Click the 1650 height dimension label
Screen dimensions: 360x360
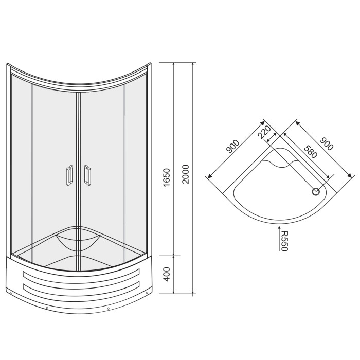pyautogui.click(x=167, y=177)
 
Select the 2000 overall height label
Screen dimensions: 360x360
pyautogui.click(x=185, y=174)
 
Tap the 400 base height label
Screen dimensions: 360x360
pyautogui.click(x=167, y=274)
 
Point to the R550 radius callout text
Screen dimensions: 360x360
pyautogui.click(x=284, y=241)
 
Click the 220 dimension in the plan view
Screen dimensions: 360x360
pyautogui.click(x=264, y=133)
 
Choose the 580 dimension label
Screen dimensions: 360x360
pyautogui.click(x=311, y=152)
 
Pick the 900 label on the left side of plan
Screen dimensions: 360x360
pyautogui.click(x=233, y=146)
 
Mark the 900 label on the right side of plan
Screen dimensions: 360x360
pyautogui.click(x=327, y=143)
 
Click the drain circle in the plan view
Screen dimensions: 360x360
pyautogui.click(x=316, y=191)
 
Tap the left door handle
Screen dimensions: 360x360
pyautogui.click(x=69, y=175)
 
